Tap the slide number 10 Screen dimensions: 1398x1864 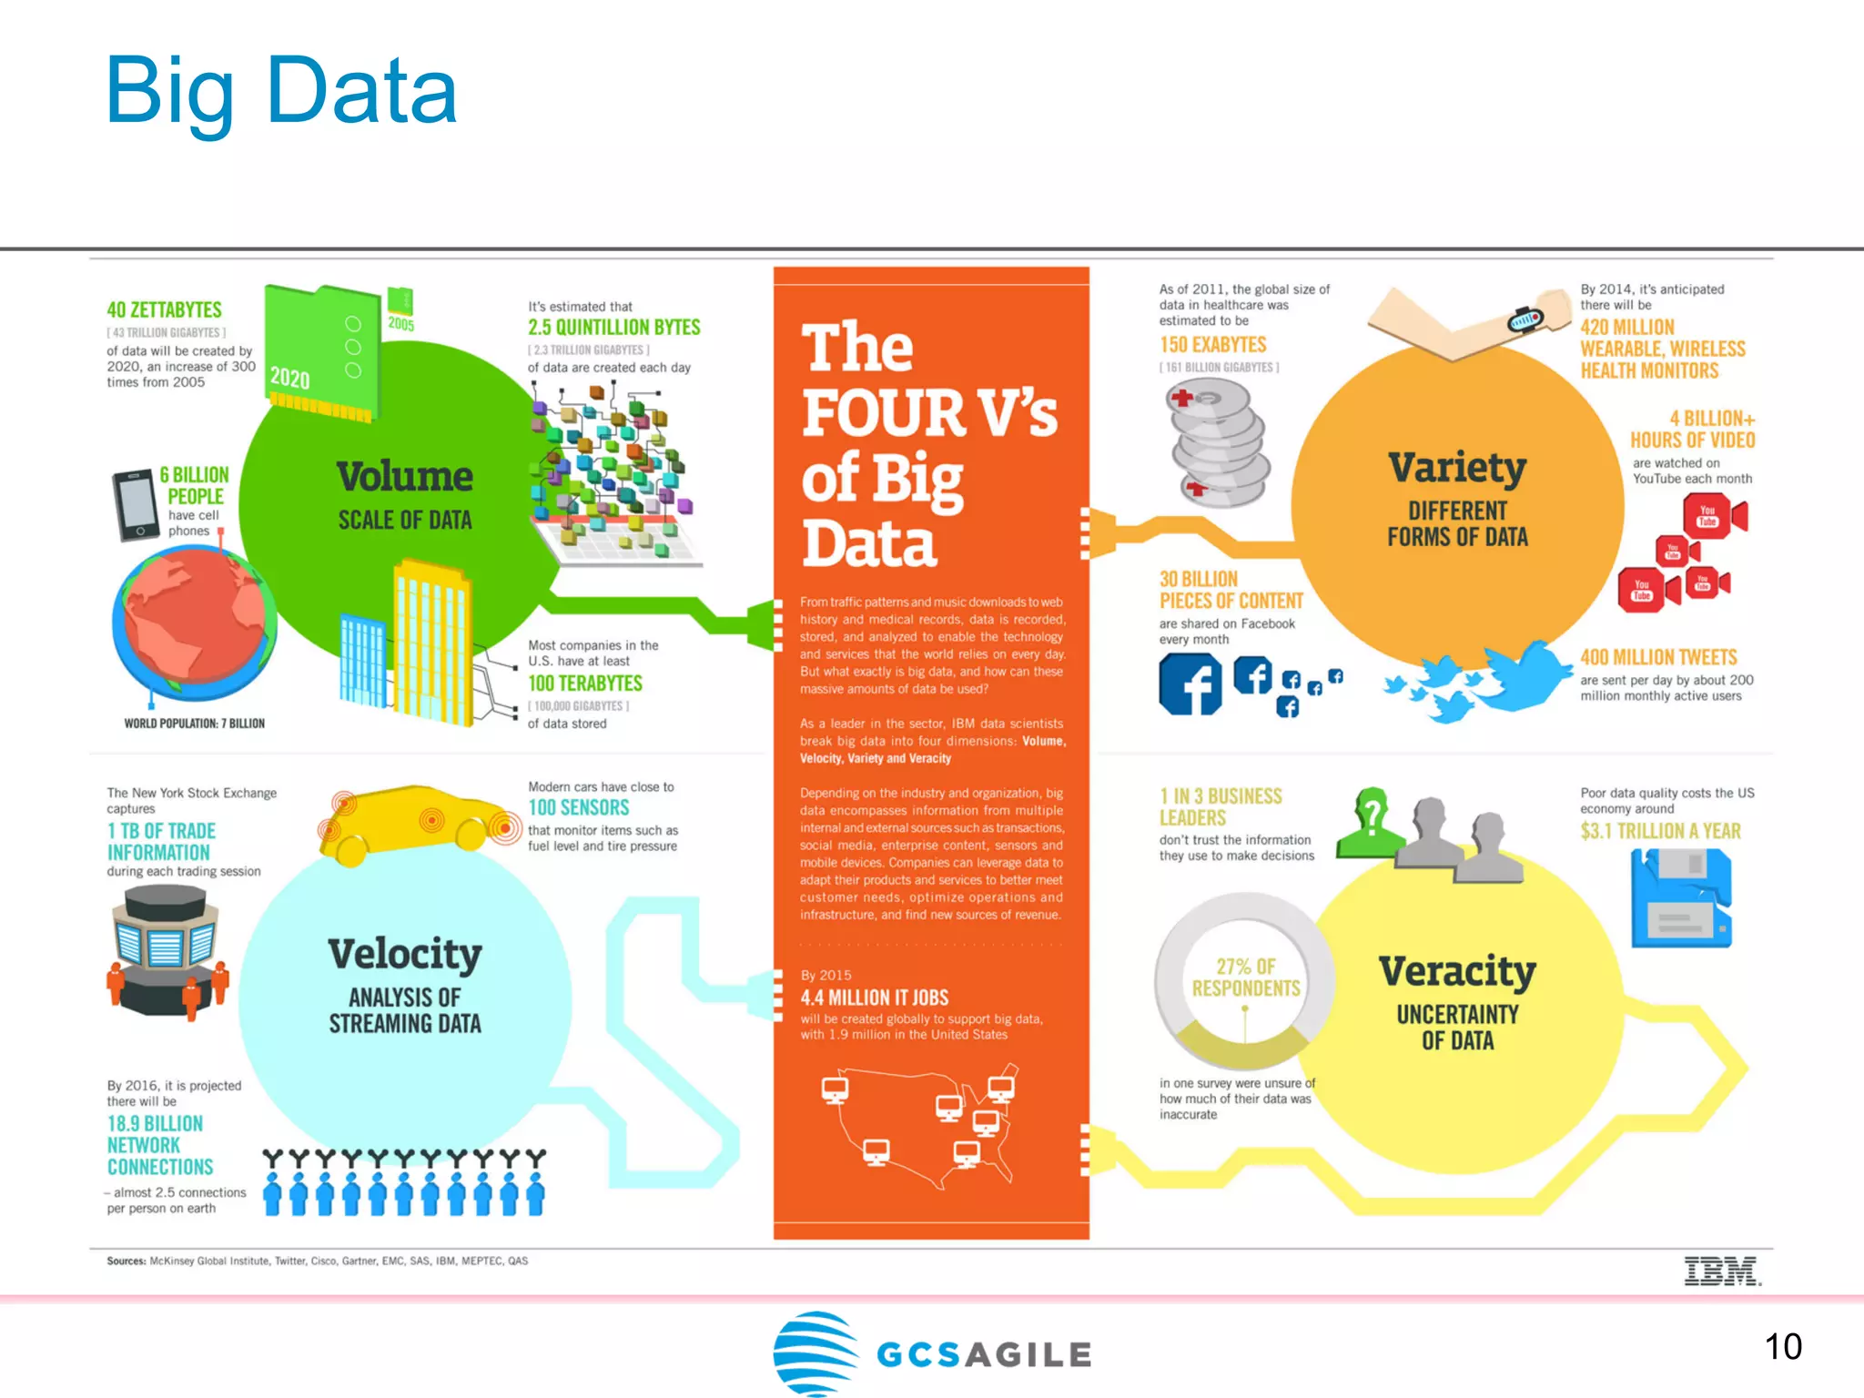click(x=1782, y=1346)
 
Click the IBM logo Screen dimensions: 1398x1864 click(x=1721, y=1271)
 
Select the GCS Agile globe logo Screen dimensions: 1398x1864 click(x=815, y=1352)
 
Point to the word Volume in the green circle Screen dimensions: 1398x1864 click(x=405, y=476)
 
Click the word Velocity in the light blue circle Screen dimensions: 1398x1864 click(x=405, y=954)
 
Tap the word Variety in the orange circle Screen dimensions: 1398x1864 click(x=1457, y=468)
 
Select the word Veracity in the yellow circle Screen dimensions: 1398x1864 click(x=1457, y=971)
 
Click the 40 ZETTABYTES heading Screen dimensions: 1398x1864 click(x=165, y=309)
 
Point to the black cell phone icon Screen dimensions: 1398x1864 click(x=135, y=505)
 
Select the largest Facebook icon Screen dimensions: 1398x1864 click(x=1190, y=684)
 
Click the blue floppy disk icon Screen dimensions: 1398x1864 click(x=1680, y=897)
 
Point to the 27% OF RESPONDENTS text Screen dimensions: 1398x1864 click(x=1246, y=978)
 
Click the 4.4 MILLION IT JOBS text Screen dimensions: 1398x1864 click(x=874, y=998)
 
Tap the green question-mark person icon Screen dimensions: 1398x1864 click(x=1371, y=823)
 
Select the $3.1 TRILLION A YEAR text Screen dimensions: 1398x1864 click(x=1660, y=831)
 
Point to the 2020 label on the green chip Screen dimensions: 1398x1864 click(x=290, y=378)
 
